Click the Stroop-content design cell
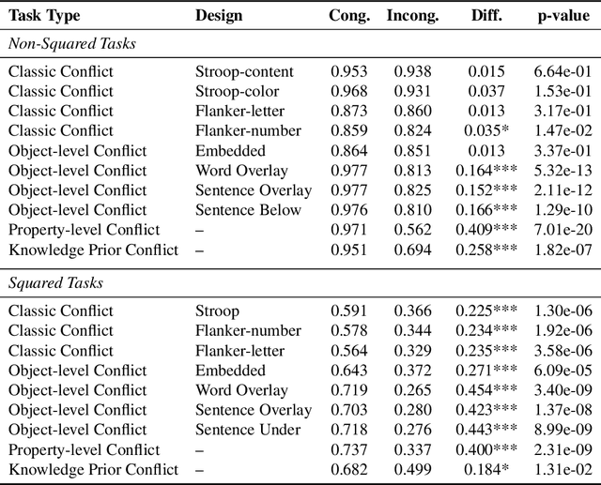coord(244,71)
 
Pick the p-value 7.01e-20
coord(562,230)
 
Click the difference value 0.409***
coord(486,230)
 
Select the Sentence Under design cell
coord(248,430)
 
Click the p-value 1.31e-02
coord(562,469)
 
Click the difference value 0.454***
coord(486,390)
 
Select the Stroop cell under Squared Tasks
coord(217,311)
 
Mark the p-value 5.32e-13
coord(562,171)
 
